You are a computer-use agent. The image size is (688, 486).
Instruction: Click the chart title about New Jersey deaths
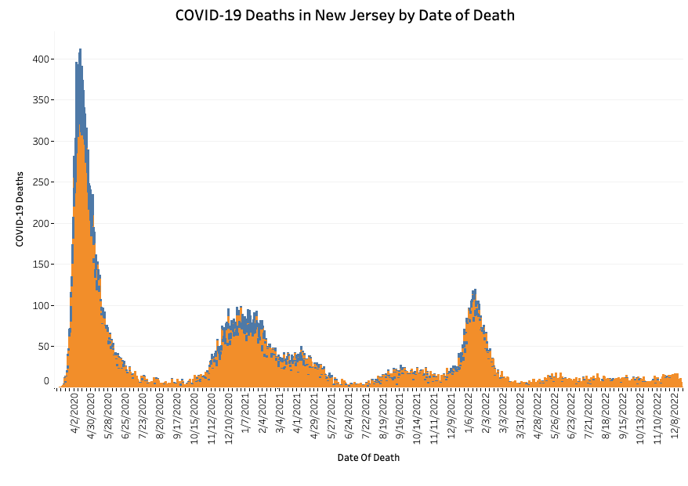[x=345, y=15]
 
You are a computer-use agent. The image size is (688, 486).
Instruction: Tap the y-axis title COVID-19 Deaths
[x=20, y=209]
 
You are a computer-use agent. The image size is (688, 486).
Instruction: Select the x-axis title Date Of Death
[x=368, y=458]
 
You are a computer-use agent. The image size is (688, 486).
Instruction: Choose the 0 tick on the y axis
[x=46, y=382]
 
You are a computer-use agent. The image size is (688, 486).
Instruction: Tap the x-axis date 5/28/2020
[x=109, y=418]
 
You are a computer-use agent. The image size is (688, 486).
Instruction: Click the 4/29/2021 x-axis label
[x=314, y=418]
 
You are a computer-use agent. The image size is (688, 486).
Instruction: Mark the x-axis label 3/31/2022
[x=520, y=418]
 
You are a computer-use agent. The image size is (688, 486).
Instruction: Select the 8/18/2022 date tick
[x=606, y=418]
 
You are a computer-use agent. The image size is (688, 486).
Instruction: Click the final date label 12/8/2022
[x=674, y=418]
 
